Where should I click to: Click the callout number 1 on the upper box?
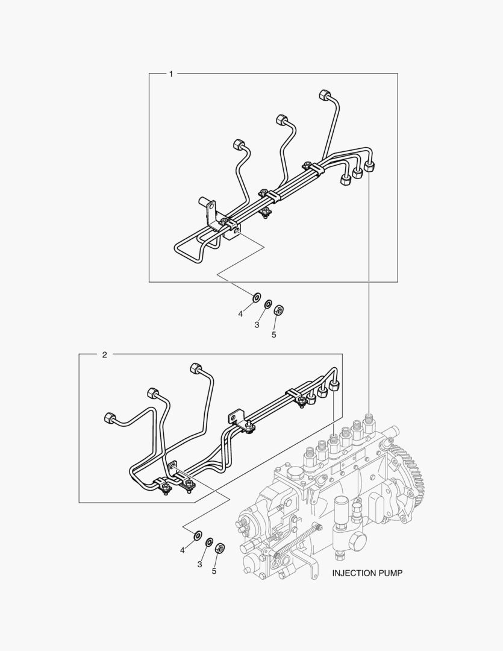[171, 74]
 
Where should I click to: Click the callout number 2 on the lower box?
[105, 354]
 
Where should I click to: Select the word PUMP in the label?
[390, 573]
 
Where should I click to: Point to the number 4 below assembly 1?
[240, 314]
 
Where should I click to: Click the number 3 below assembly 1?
[257, 325]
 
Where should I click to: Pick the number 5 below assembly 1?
[274, 335]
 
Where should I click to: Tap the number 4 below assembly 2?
[182, 550]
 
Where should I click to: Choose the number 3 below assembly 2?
[199, 564]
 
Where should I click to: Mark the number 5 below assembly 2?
[214, 571]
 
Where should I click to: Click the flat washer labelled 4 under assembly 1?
[257, 297]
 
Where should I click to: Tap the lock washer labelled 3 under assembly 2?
[210, 542]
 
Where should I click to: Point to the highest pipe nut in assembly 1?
[324, 95]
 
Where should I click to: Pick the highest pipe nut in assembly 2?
[195, 368]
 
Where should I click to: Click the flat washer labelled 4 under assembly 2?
[198, 534]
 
